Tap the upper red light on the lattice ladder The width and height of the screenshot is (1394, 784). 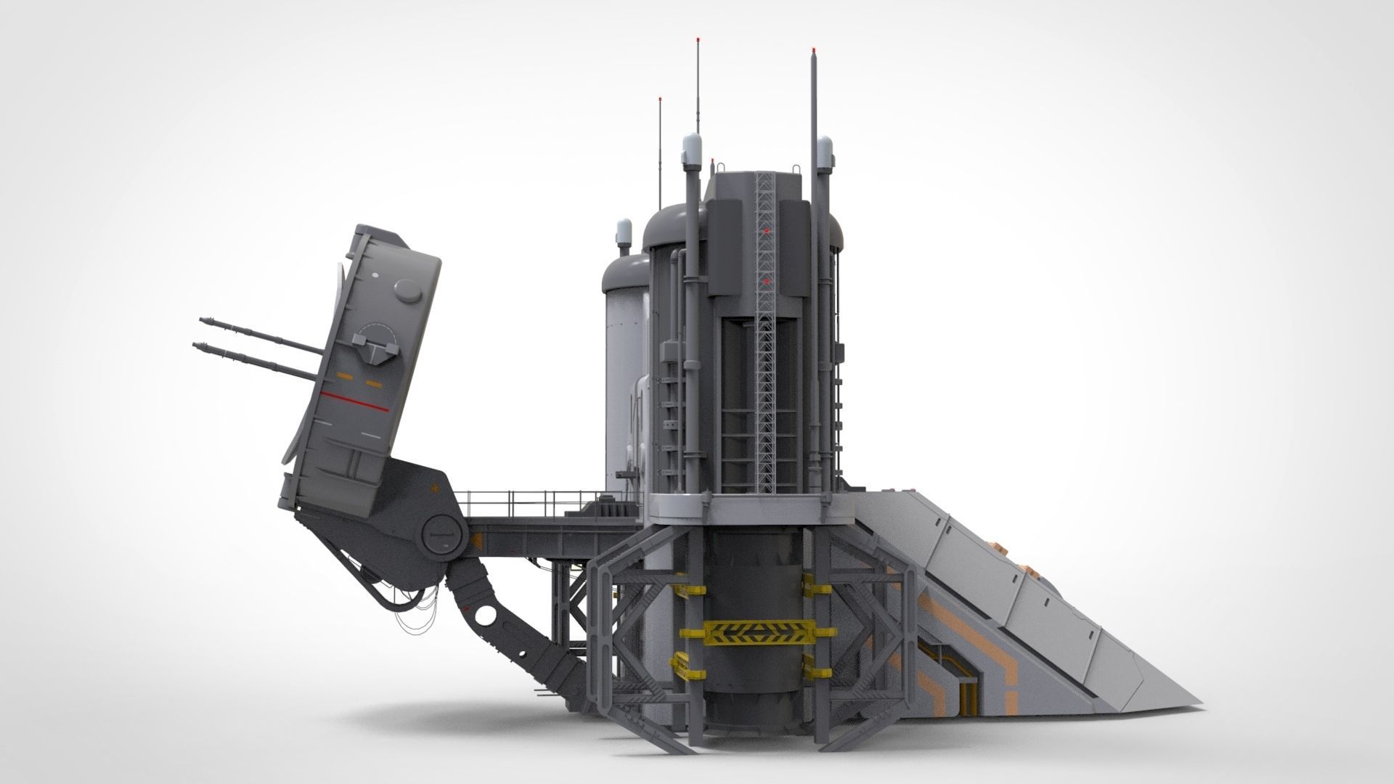coord(766,231)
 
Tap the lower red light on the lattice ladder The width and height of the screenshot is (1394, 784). coord(766,279)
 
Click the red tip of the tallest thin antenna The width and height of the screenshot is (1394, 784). coord(698,17)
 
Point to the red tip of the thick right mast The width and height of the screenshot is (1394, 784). coord(812,50)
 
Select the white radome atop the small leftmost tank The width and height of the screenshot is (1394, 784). coord(624,233)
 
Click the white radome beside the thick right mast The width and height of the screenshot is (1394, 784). coord(825,153)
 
